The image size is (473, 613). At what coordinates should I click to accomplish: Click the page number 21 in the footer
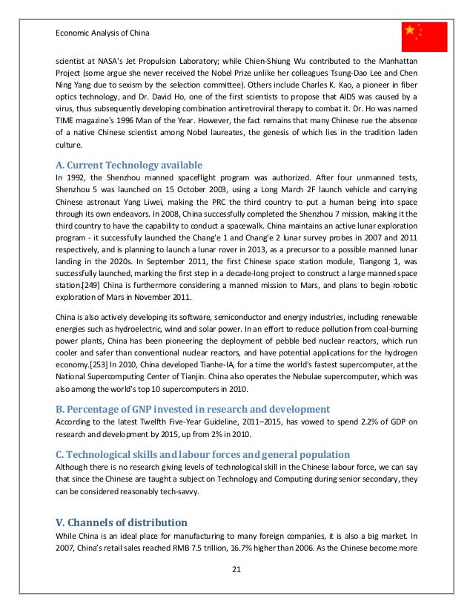236,569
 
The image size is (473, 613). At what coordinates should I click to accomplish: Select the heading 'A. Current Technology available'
130,165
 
